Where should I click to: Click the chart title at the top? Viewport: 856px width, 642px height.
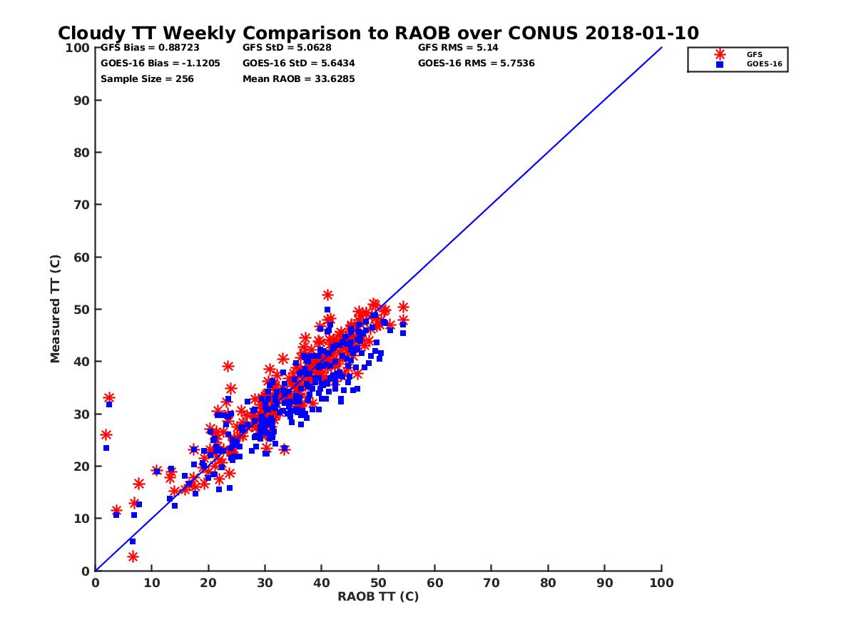pyautogui.click(x=378, y=34)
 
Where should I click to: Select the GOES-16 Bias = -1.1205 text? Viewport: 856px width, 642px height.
pyautogui.click(x=160, y=63)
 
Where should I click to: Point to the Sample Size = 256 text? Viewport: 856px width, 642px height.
pyautogui.click(x=147, y=78)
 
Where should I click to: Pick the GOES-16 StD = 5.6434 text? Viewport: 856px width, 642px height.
pyautogui.click(x=299, y=63)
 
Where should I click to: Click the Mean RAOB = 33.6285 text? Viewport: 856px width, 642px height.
pyautogui.click(x=299, y=78)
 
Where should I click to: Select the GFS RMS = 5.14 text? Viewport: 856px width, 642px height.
pyautogui.click(x=458, y=48)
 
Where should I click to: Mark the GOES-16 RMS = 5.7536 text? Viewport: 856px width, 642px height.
pyautogui.click(x=477, y=63)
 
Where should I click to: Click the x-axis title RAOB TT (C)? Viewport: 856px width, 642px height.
pyautogui.click(x=378, y=596)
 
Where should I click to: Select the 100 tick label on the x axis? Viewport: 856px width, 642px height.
pyautogui.click(x=662, y=583)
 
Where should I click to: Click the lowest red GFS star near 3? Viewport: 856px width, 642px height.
pyautogui.click(x=133, y=556)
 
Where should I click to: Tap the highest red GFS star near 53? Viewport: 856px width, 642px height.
pyautogui.click(x=327, y=295)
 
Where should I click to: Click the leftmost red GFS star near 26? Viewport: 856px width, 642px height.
pyautogui.click(x=106, y=434)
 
